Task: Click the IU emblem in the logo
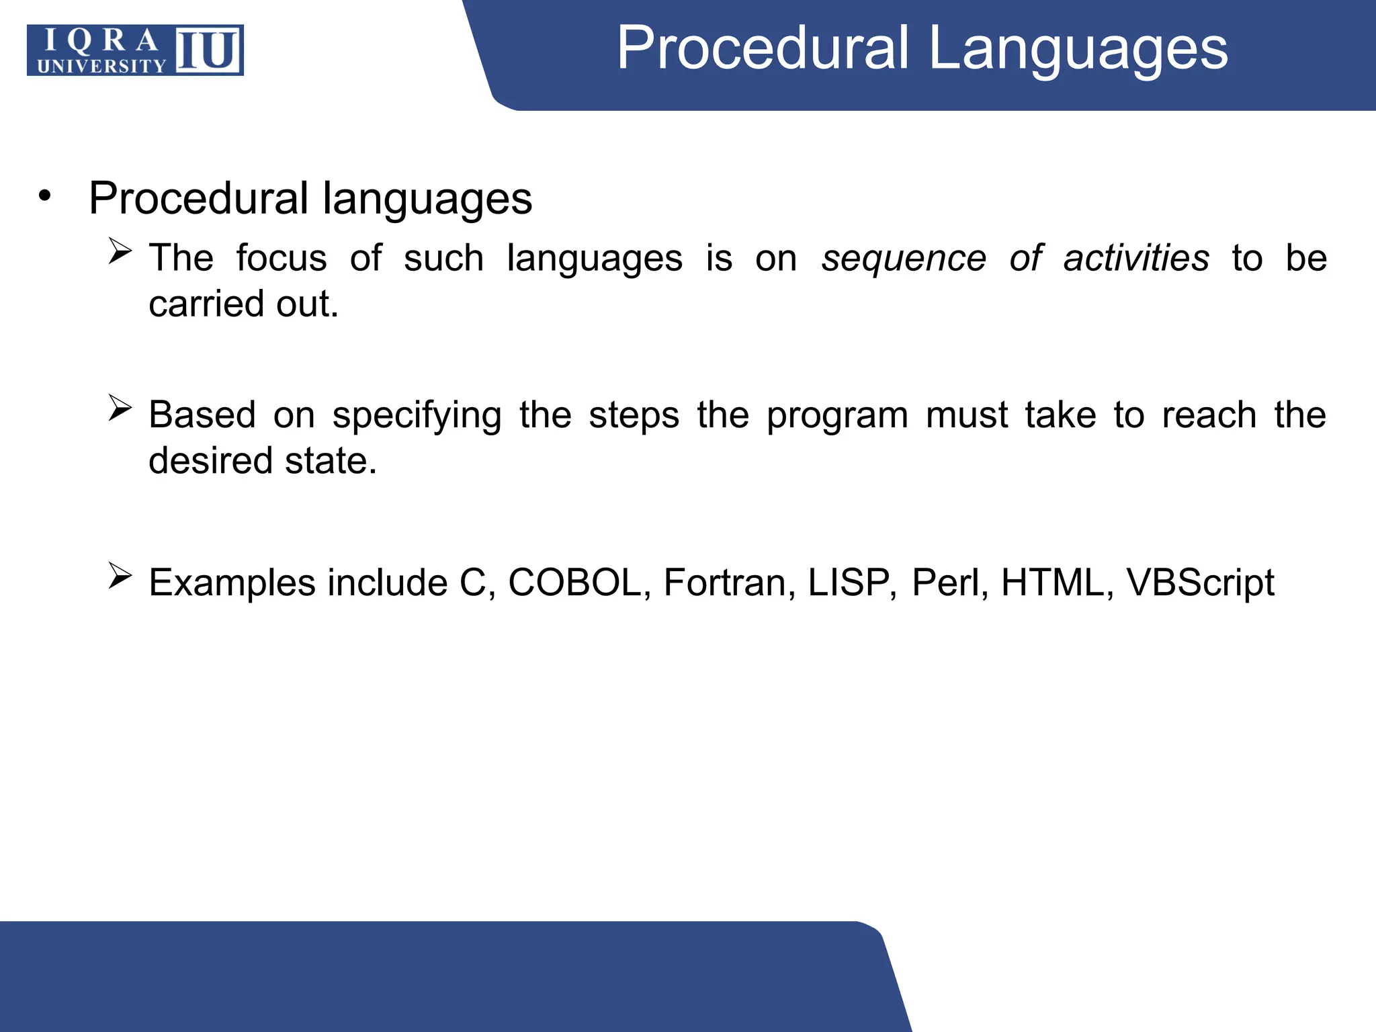(208, 50)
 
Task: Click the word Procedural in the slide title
(763, 48)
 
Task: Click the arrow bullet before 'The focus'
(120, 252)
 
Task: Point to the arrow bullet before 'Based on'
(120, 408)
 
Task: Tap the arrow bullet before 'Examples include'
(120, 576)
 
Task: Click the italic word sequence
(904, 259)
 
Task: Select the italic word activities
(1136, 258)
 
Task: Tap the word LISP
(849, 583)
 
